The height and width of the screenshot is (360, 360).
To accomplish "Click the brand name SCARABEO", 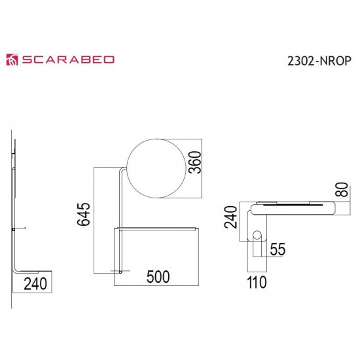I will tap(69, 60).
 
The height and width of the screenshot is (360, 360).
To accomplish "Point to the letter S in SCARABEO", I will tap(29, 60).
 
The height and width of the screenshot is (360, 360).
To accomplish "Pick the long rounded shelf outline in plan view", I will tap(293, 207).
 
